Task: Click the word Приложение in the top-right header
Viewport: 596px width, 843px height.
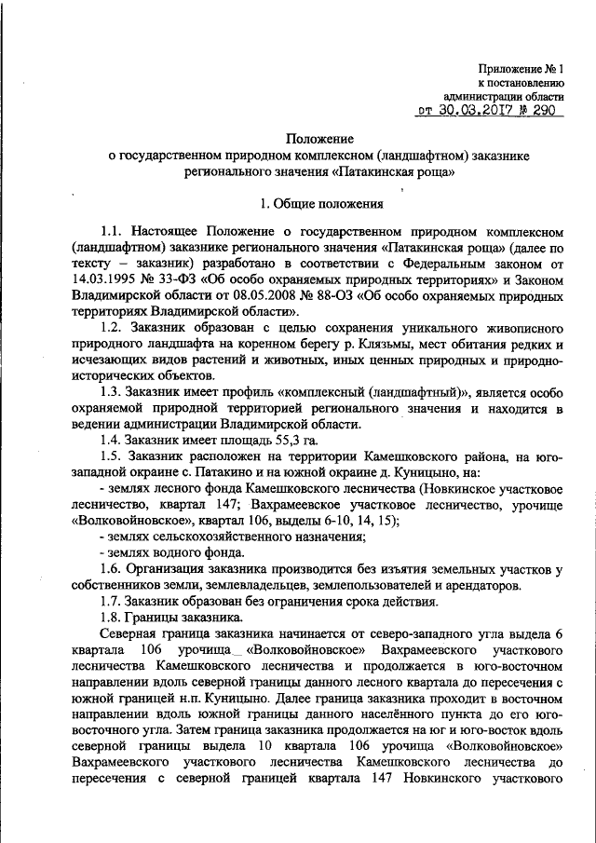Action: tap(509, 67)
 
